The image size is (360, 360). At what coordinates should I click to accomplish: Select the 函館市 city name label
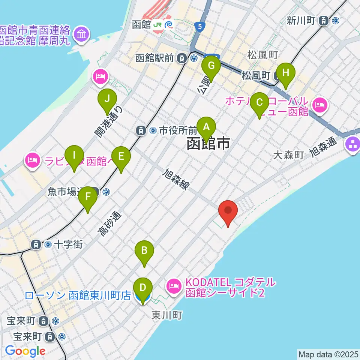tap(208, 144)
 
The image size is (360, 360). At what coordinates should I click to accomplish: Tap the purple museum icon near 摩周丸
tap(81, 34)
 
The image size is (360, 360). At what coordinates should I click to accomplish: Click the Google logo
tap(25, 351)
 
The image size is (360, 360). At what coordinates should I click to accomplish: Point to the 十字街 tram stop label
tap(68, 244)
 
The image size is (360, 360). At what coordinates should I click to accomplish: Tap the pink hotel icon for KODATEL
tap(173, 286)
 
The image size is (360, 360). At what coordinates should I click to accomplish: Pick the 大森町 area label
tap(288, 155)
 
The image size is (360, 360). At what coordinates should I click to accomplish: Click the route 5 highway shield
tap(200, 27)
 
